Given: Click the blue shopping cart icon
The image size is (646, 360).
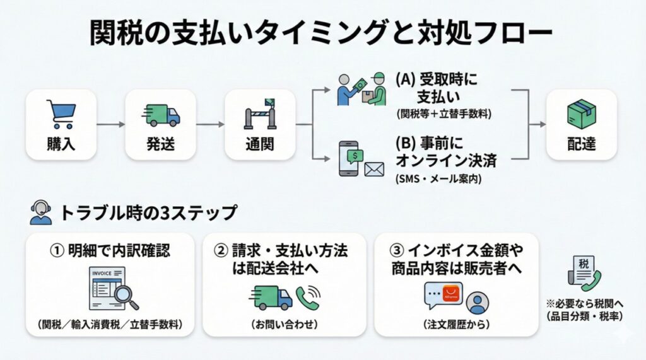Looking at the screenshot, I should [x=61, y=115].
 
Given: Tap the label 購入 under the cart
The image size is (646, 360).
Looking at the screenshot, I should [x=61, y=144].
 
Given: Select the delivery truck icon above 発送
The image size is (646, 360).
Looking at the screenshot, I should [x=161, y=115].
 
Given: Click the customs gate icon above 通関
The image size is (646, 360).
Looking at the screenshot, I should [x=260, y=115].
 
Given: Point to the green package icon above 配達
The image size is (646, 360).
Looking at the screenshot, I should [x=581, y=115].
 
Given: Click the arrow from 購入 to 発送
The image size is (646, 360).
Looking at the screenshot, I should [x=110, y=124].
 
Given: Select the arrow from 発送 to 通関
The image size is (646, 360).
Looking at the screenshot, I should [x=210, y=124].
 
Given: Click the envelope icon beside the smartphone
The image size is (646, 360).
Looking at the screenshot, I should [x=373, y=169].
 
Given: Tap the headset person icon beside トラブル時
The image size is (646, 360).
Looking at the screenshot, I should [x=40, y=212].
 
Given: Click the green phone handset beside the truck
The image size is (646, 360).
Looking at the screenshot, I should [x=308, y=296].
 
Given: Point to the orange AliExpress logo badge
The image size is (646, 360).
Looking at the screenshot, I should [x=451, y=291].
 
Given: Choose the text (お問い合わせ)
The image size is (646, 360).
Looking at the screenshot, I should [x=284, y=325].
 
